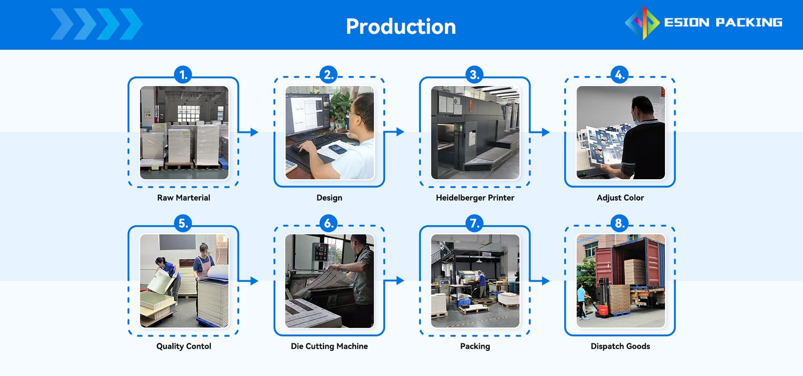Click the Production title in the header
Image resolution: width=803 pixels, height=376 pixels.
401,27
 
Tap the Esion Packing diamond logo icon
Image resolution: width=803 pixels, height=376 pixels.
642,22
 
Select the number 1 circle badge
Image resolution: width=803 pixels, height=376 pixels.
183,74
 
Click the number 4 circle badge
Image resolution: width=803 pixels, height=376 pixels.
619,74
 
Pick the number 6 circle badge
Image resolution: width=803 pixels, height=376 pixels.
329,223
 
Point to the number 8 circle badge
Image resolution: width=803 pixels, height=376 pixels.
619,223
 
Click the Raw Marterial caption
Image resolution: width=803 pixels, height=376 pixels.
184,198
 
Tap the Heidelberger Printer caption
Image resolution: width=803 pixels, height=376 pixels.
475,198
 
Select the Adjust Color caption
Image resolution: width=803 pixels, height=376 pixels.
620,198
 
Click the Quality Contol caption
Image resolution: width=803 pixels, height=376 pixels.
184,346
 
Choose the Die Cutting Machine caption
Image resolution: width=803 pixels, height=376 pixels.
329,346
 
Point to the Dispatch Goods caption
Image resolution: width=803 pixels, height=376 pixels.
620,346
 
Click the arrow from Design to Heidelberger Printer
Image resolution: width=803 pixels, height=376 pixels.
395,132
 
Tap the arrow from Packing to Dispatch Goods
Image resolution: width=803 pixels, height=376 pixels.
540,281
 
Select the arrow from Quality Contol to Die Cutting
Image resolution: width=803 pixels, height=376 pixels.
248,281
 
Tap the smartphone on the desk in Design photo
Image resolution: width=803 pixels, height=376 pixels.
337,149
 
